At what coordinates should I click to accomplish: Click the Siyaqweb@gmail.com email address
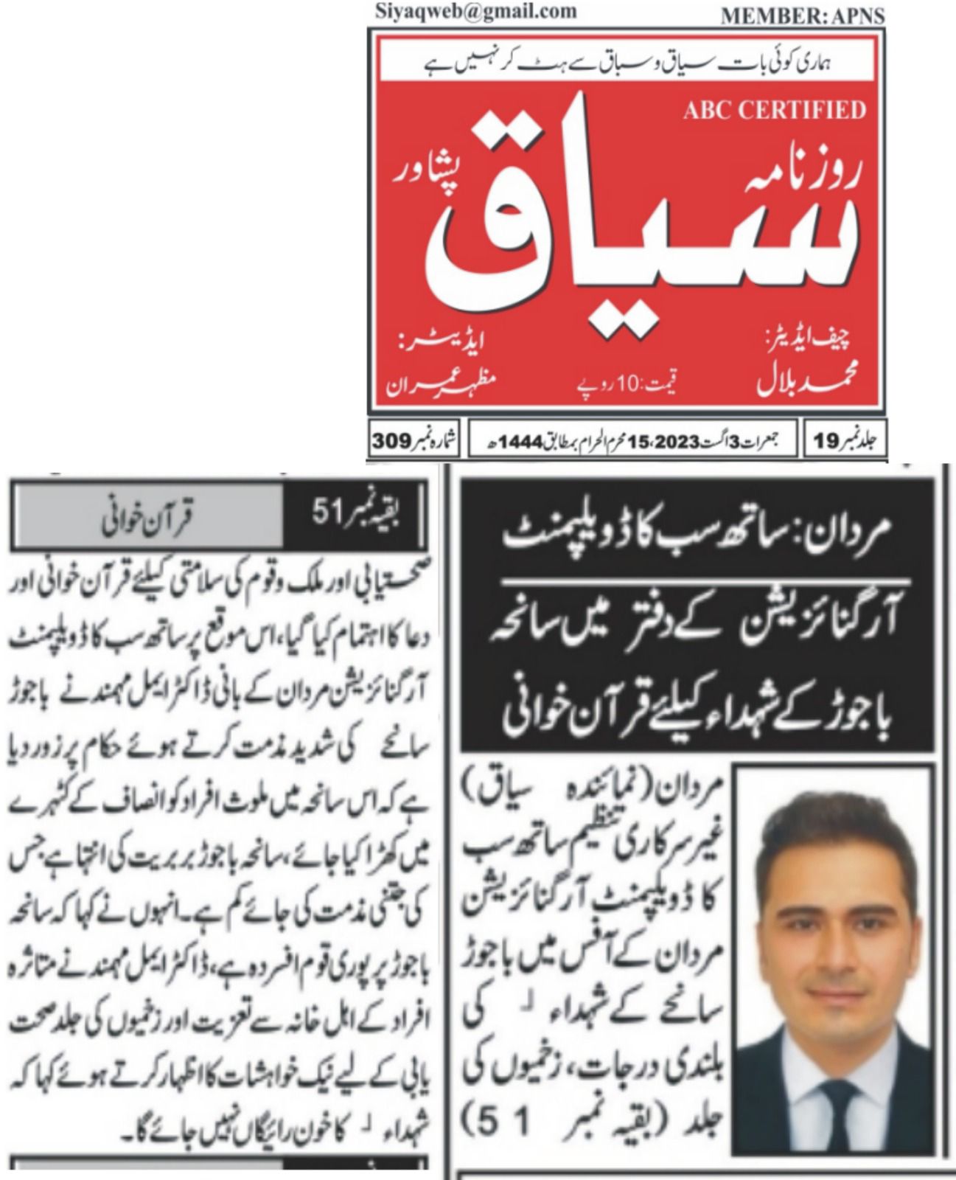pyautogui.click(x=475, y=11)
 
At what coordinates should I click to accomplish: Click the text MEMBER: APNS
pyautogui.click(x=802, y=15)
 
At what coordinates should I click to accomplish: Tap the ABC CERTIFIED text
pyautogui.click(x=775, y=110)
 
